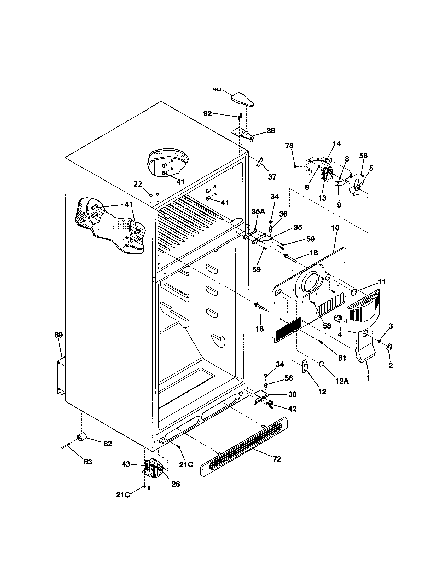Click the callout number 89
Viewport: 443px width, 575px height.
point(59,335)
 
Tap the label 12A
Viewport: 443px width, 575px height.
point(342,381)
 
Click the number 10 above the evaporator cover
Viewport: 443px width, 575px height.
point(335,228)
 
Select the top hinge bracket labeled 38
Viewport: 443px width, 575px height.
point(243,134)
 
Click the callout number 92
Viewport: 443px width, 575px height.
point(208,113)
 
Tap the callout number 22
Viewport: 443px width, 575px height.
point(138,184)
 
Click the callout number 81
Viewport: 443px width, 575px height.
point(342,358)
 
